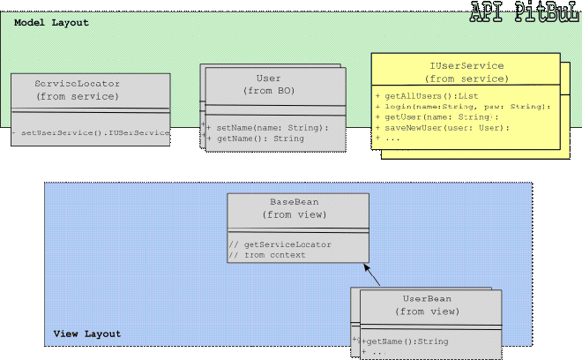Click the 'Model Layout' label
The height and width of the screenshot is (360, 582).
51,22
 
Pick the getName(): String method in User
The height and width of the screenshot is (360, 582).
260,139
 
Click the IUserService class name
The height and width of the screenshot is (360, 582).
466,65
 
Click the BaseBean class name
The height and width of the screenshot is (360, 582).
297,201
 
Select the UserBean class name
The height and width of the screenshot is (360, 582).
427,299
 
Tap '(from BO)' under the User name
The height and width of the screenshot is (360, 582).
268,91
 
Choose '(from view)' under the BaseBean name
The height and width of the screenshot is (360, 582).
297,214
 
